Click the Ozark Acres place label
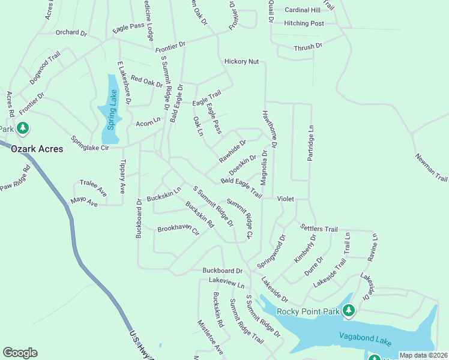(37, 149)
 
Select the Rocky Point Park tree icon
(348, 311)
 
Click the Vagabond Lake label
(365, 339)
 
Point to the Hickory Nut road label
(241, 61)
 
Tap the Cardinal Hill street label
(303, 10)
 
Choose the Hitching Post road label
(304, 23)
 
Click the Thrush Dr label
(308, 46)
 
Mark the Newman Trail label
(432, 167)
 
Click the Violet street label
(286, 199)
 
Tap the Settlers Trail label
(318, 229)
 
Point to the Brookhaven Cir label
(178, 229)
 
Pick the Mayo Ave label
(84, 203)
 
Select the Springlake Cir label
(90, 143)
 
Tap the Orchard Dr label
(71, 32)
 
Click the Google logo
(20, 353)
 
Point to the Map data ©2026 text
(423, 355)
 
